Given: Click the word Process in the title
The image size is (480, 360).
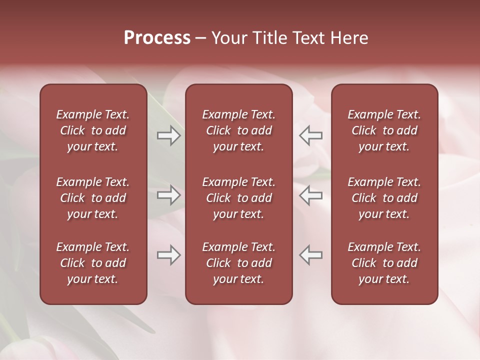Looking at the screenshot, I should (x=157, y=38).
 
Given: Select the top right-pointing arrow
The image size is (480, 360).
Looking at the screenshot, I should (x=168, y=135).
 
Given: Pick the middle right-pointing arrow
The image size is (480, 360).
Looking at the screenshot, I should (x=168, y=195).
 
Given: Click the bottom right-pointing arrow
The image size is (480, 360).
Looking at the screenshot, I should (x=168, y=255).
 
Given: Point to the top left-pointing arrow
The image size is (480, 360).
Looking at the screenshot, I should (x=311, y=135).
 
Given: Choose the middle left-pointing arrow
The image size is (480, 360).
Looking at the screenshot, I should (x=311, y=195).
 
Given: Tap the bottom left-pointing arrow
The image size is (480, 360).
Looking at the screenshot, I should (x=311, y=255).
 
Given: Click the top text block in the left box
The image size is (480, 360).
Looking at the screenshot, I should (x=93, y=130).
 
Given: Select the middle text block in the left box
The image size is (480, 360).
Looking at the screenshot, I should (x=93, y=198).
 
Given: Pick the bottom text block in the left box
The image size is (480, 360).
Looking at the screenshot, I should (x=93, y=263).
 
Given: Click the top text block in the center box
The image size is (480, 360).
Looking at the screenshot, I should (x=239, y=130).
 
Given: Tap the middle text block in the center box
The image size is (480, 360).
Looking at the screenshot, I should (x=239, y=198).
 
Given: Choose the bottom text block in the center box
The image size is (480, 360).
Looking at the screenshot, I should (x=239, y=263).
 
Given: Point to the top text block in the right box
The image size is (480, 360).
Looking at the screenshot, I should (x=384, y=130).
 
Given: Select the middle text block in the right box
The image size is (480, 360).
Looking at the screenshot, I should (x=384, y=198).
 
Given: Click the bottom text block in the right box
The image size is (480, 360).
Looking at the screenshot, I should (x=384, y=263).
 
